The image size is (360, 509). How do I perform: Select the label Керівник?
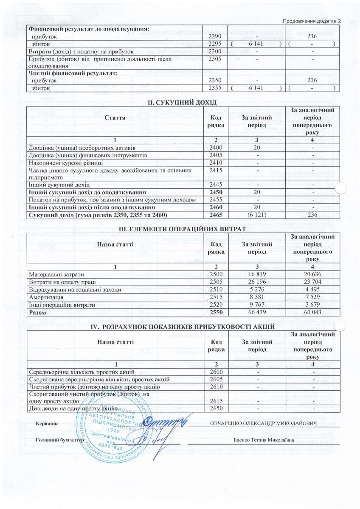click(47, 424)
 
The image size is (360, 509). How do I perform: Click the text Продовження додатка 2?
click(312, 21)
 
